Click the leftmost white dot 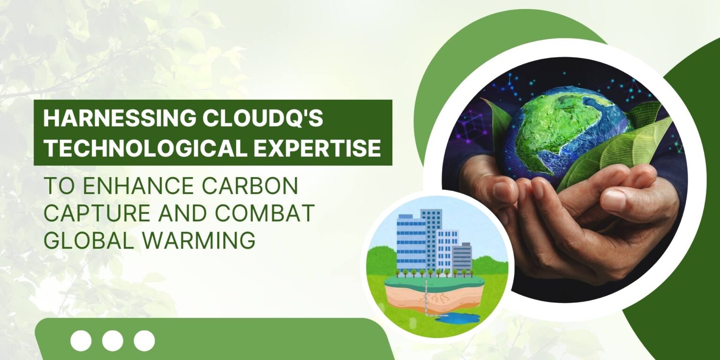tap(81, 341)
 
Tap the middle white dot tap(112, 341)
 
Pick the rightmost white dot tap(144, 341)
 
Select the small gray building tap(462, 255)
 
